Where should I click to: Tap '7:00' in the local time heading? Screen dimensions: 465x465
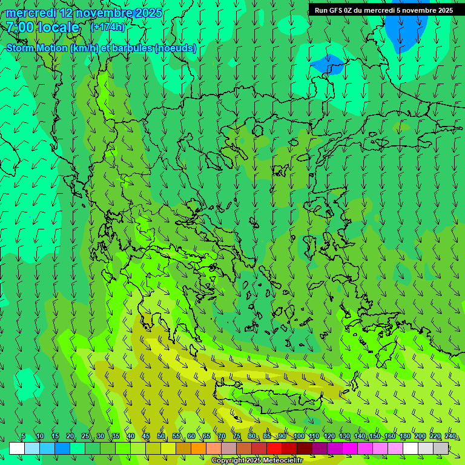tap(20, 27)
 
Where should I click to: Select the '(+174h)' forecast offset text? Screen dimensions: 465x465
tap(107, 27)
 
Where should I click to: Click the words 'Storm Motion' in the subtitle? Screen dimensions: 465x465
tap(37, 48)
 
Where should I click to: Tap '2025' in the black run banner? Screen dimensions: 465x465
tap(444, 10)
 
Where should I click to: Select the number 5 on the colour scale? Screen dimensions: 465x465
tap(23, 437)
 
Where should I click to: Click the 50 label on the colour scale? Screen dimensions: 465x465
tap(161, 437)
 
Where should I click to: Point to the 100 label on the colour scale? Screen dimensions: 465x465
tap(298, 437)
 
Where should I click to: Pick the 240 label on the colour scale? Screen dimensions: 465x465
tap(450, 437)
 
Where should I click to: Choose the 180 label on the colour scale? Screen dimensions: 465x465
tap(405, 437)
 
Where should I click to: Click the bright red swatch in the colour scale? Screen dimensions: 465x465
tap(274, 448)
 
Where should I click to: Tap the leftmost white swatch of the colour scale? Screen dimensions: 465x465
tap(17, 448)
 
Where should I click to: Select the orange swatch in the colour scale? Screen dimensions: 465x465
tap(199, 448)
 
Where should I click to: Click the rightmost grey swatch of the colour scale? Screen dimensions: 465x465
tap(441, 448)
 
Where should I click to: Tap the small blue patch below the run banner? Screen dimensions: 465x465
tap(327, 64)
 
